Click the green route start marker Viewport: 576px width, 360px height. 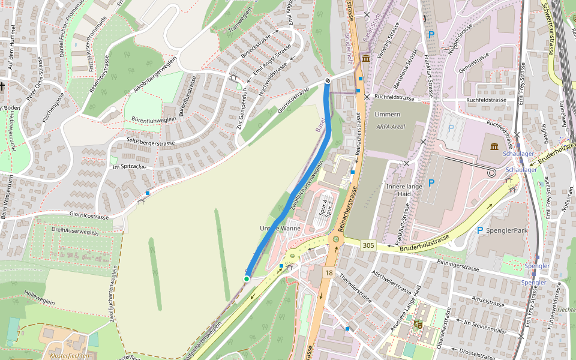pos(247,278)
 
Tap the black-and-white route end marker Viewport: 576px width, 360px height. pos(328,80)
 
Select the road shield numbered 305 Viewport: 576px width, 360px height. pos(368,245)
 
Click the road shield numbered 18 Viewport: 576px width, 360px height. pos(328,273)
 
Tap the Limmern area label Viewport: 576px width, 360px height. pos(387,114)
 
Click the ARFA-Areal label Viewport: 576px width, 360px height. pos(391,127)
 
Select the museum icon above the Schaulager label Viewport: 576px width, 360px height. pos(494,148)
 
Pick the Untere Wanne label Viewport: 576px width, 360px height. pos(280,229)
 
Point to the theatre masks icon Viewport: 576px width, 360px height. pos(418,325)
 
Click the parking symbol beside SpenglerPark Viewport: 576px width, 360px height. pos(480,230)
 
